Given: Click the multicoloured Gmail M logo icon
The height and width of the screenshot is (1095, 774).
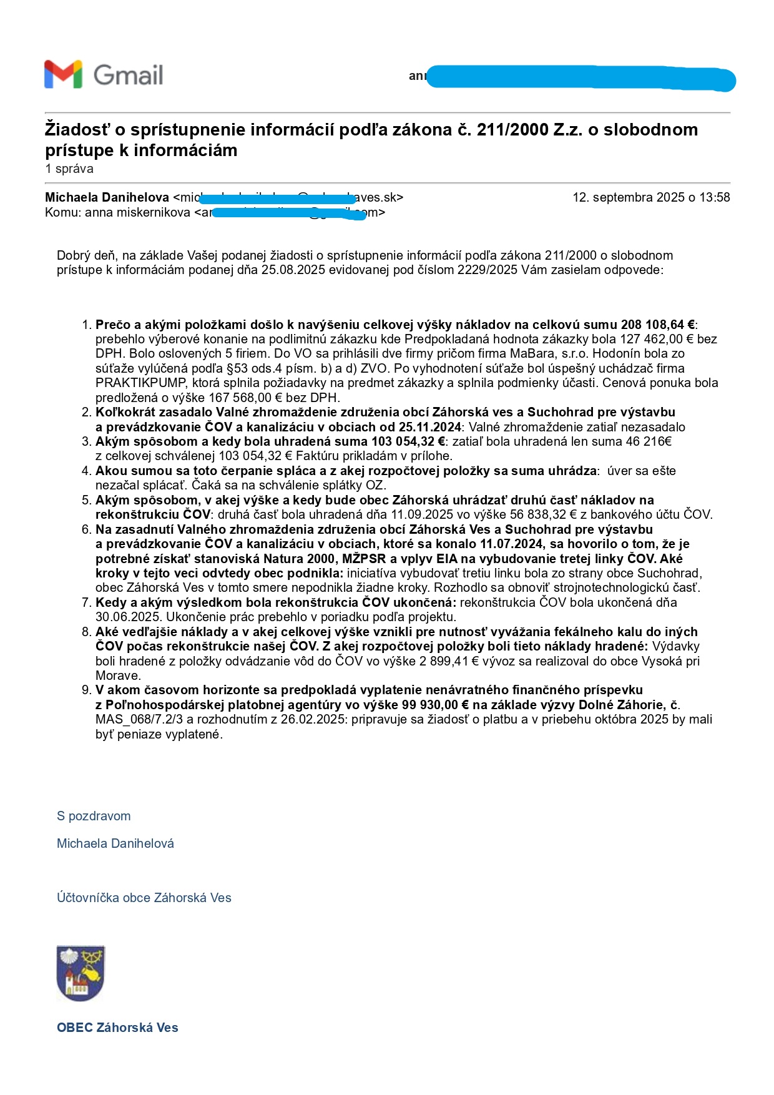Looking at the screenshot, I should pos(63,74).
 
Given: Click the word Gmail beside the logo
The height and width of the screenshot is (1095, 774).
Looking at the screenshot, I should pos(128,75).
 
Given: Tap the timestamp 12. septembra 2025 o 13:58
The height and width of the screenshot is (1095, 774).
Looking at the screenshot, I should pos(651,197).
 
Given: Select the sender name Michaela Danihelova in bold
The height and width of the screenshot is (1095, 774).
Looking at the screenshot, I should pos(107,197).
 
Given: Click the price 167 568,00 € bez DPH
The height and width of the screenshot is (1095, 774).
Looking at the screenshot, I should pos(290,398).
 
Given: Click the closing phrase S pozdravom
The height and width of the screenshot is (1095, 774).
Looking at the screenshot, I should pos(94,816).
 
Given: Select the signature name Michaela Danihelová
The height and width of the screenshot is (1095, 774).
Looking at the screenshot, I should pos(115,843).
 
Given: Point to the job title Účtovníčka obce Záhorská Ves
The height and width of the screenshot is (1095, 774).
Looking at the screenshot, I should pos(144,898).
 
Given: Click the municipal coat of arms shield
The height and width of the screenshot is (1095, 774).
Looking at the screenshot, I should pos(81,973).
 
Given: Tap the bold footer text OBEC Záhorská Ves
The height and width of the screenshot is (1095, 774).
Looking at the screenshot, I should pos(117,1028).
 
